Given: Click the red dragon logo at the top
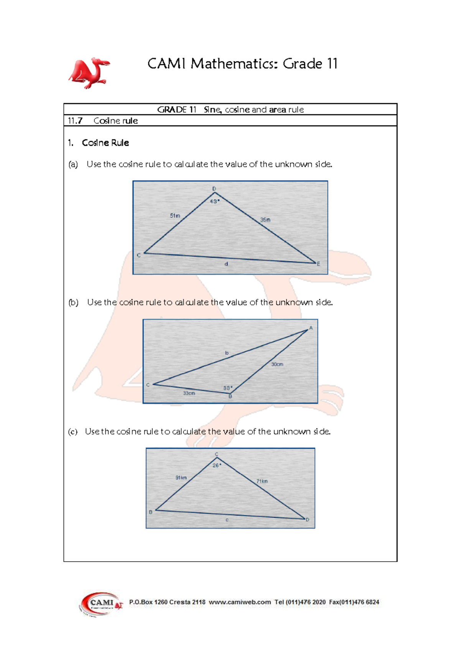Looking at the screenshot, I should pos(89,73).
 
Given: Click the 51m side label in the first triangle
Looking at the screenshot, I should pos(175,216).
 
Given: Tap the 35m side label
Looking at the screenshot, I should pos(265,220).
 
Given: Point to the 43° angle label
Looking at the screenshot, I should pos(215,201).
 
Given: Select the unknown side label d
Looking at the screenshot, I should pos(227,264).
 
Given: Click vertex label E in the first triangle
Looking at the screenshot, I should pos(318,264).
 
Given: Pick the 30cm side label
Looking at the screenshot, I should pos(277,364).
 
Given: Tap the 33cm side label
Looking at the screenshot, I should pos(189,393).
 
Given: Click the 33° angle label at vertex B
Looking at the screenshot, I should pos(228,388).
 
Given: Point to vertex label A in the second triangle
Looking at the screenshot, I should pos(311,328).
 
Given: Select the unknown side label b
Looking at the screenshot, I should pos(227,353).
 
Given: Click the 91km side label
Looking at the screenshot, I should pos(181,478).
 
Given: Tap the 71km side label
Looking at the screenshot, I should pos(262,481).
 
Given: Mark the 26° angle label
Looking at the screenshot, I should pos(217,465).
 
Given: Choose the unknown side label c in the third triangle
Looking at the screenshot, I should pos(227,520).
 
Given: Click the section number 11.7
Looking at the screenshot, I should pos(75,121).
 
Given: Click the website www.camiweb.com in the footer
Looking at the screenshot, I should pos(240,602).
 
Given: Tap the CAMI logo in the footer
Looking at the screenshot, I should pos(100,603).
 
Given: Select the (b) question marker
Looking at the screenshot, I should pos(73,302).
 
